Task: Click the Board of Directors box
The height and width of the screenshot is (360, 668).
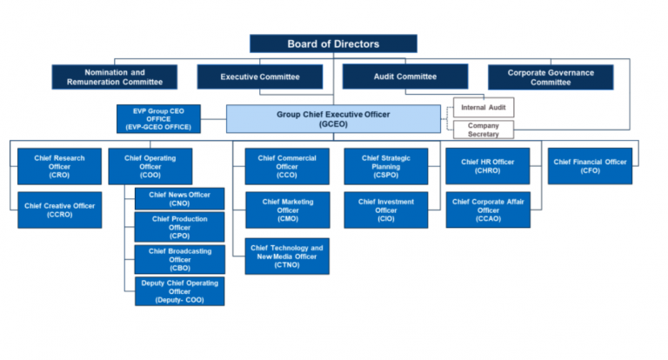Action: (333, 43)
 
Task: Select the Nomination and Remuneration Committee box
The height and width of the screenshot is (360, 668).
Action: (114, 77)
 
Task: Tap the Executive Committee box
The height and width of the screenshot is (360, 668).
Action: (260, 77)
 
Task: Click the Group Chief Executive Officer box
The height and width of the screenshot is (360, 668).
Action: (333, 118)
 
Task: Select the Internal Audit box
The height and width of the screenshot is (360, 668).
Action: (484, 108)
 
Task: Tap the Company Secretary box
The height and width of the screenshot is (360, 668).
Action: (484, 130)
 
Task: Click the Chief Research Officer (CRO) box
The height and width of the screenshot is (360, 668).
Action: (59, 166)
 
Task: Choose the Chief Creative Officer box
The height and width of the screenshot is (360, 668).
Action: (59, 210)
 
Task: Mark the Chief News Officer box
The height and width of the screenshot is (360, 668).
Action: (179, 199)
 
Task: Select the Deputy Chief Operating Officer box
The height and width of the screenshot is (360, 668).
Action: (179, 290)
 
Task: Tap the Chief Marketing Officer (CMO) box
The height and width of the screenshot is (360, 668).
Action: (286, 210)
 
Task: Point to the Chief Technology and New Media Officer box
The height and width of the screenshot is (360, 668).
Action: (286, 256)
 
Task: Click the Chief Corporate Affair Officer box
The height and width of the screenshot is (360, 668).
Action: (487, 210)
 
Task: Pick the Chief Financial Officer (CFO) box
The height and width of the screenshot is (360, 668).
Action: (590, 166)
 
